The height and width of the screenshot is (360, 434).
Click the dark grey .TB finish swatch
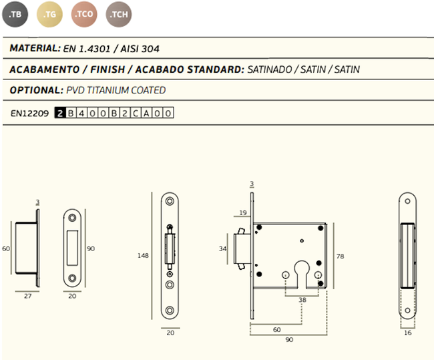pos(15,15)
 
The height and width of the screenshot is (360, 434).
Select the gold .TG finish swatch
pos(50,15)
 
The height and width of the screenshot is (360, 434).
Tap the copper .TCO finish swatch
pos(84,15)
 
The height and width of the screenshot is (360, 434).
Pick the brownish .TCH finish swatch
pos(119,15)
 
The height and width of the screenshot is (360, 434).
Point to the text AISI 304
pos(140,49)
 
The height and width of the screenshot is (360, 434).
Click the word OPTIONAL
pos(37,90)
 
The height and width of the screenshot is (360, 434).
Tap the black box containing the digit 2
pos(60,113)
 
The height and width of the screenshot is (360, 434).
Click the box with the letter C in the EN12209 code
pos(136,113)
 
